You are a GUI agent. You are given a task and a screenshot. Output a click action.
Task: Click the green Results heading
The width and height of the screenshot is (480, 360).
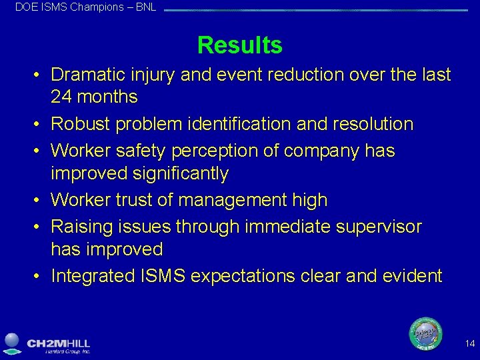[x=239, y=45]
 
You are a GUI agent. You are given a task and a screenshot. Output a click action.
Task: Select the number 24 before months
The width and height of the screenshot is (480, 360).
[x=61, y=97]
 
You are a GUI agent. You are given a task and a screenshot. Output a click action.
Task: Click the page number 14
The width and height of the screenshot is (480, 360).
[x=470, y=344]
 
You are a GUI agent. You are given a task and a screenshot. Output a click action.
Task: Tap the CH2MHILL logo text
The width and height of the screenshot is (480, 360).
[x=58, y=343]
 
